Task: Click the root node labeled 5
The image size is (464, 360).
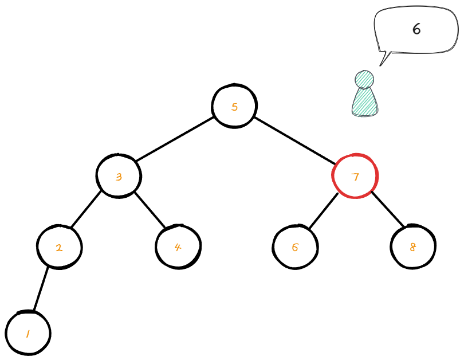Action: tap(234, 107)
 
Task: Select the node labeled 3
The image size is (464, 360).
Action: tap(119, 176)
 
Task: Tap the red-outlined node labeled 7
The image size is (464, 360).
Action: tap(355, 176)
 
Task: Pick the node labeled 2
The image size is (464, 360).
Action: tap(59, 248)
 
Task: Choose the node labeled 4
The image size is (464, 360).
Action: tap(178, 247)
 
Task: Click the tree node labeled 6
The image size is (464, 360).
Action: tap(295, 247)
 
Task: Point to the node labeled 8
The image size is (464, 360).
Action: tap(412, 247)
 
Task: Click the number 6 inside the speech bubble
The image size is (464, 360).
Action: tap(416, 29)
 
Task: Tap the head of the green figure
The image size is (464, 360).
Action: tap(364, 79)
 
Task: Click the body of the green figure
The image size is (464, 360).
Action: tap(365, 103)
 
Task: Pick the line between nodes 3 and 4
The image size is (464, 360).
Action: tap(150, 209)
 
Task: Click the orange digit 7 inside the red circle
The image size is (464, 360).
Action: tap(355, 177)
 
